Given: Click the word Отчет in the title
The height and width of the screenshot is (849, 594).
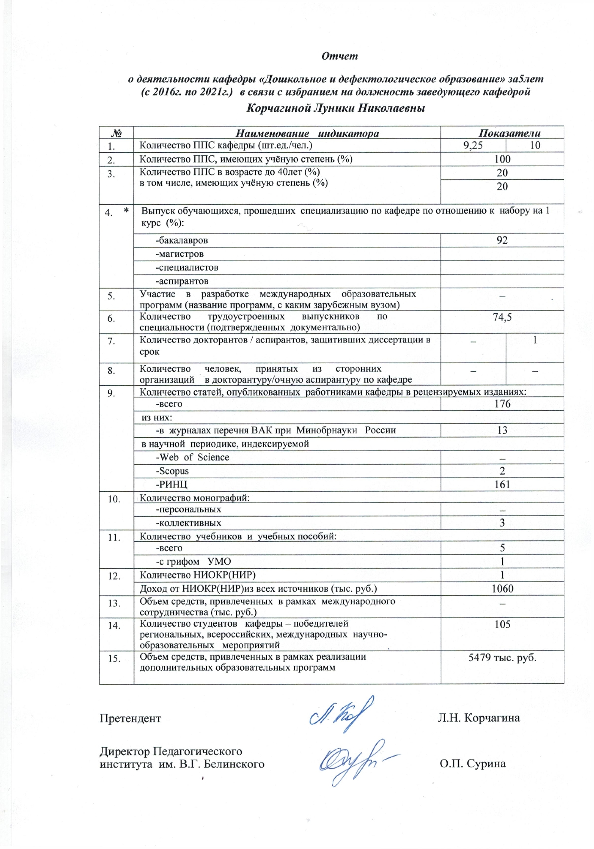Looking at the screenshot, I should [x=339, y=56].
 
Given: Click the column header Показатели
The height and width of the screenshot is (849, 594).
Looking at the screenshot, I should [x=509, y=133].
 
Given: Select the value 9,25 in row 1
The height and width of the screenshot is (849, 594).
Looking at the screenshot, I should [x=473, y=145].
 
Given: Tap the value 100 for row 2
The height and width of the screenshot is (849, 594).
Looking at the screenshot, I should [x=502, y=159].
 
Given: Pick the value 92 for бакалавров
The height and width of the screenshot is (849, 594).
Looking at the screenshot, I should [x=502, y=240].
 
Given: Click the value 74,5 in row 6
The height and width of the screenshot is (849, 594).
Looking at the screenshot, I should [x=502, y=317].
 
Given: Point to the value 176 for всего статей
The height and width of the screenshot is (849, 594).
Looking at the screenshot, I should [x=502, y=404].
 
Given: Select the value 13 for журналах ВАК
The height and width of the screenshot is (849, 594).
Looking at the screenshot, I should [x=502, y=430].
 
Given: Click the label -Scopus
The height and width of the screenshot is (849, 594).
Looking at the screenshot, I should [x=172, y=471].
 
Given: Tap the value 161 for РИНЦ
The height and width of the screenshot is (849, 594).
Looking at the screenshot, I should [x=502, y=484].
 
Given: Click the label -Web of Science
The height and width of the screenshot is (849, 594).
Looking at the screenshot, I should [x=192, y=457].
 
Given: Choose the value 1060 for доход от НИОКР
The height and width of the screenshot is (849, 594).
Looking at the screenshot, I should [x=502, y=589].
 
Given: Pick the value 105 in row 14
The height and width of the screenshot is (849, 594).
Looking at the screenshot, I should [x=502, y=624].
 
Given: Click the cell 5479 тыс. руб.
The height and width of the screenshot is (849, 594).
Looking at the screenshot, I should [x=502, y=658].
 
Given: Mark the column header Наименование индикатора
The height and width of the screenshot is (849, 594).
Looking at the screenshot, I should [x=307, y=133].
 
